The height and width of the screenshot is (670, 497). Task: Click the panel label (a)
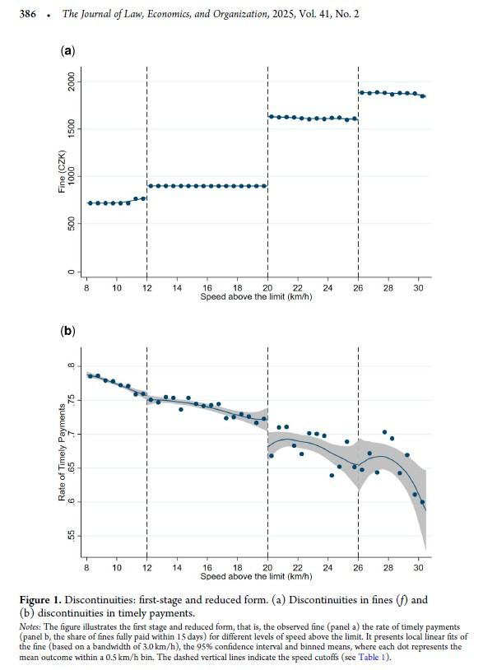(x=68, y=51)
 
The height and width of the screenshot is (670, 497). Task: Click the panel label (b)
(x=68, y=332)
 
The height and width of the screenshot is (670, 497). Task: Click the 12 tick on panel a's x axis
(x=146, y=290)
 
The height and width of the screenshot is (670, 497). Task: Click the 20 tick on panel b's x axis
(x=267, y=568)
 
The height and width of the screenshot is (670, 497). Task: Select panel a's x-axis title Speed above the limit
(x=251, y=297)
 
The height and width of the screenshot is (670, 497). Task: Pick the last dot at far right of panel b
(x=422, y=502)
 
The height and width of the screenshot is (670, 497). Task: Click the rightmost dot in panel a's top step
(x=422, y=96)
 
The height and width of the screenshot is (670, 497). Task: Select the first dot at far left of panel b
(x=90, y=376)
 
